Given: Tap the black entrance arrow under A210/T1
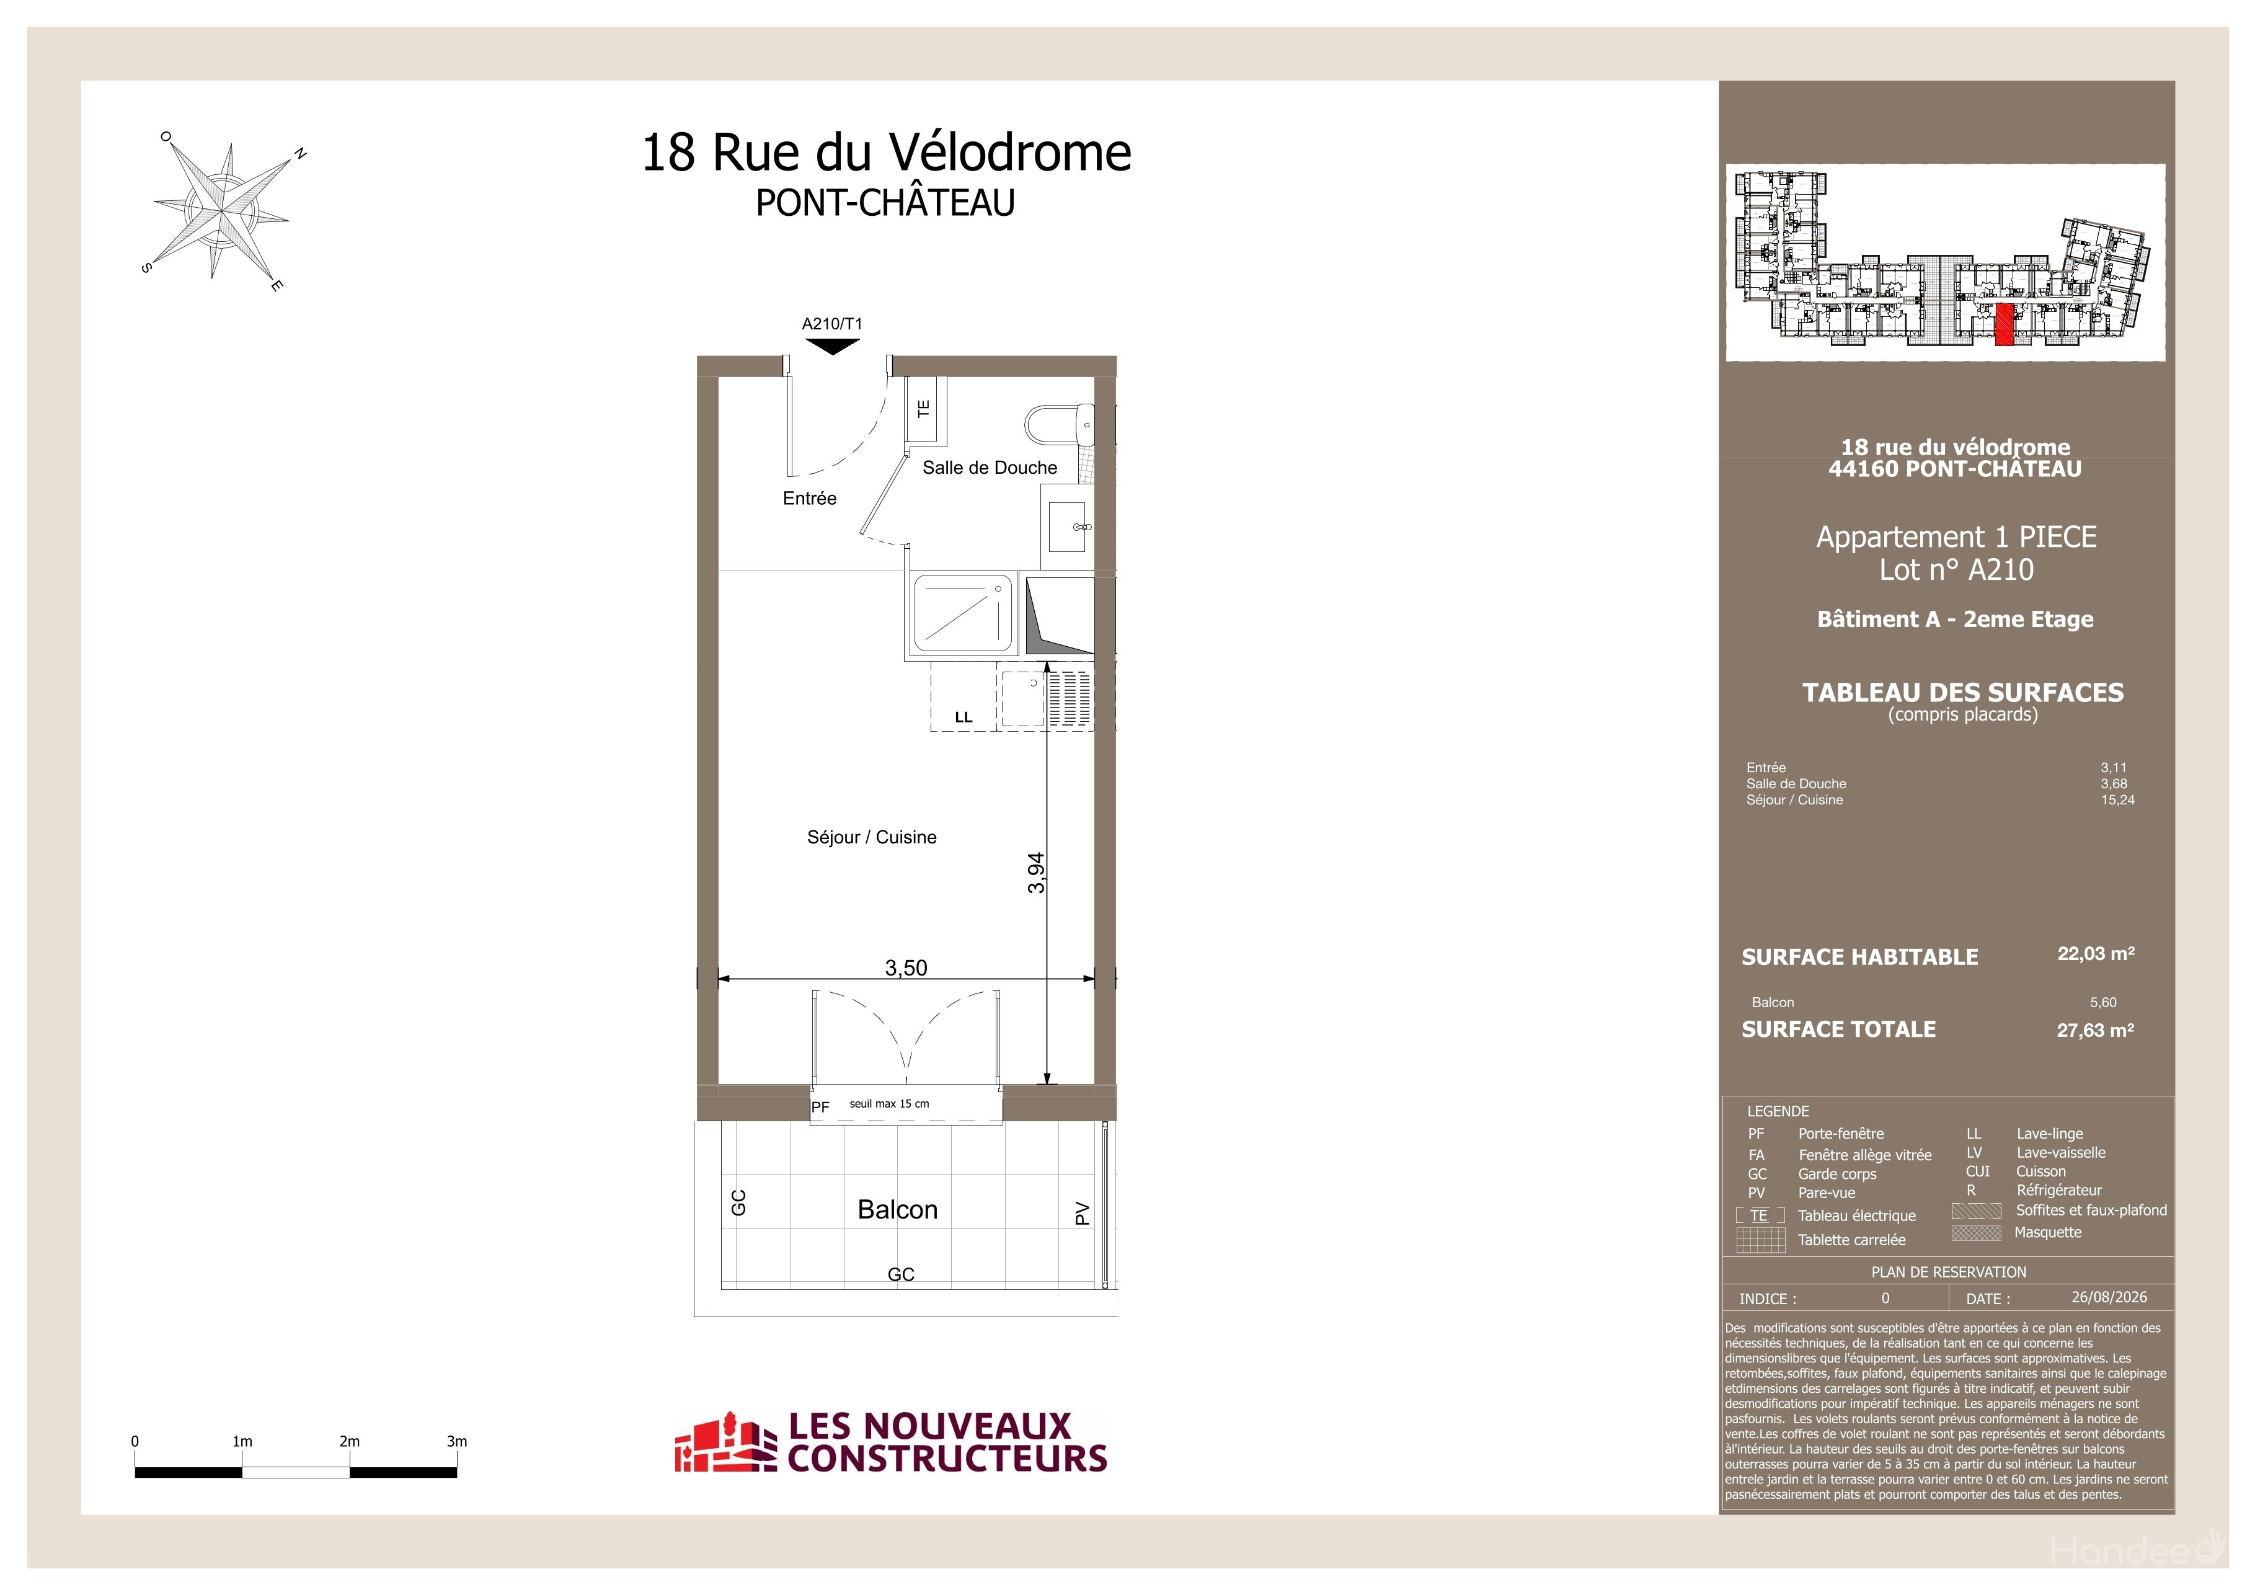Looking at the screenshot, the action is pos(832,345).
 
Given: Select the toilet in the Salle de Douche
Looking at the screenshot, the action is pos(1059,426).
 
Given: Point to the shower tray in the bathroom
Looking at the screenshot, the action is pos(962,615).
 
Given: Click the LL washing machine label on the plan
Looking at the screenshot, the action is pos(964,717).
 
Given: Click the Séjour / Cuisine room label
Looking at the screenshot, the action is pos(871,837).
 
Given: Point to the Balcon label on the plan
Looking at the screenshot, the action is pos(898,1209).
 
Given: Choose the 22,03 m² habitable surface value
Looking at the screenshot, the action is pos(2096,954).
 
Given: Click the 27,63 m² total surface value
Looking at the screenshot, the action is pos(2095,1030).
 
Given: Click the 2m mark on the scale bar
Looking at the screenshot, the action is pos(350,1441).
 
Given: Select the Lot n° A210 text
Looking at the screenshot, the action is pos(1956,570).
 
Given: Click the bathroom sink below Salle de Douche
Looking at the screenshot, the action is pos(1068,525).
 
